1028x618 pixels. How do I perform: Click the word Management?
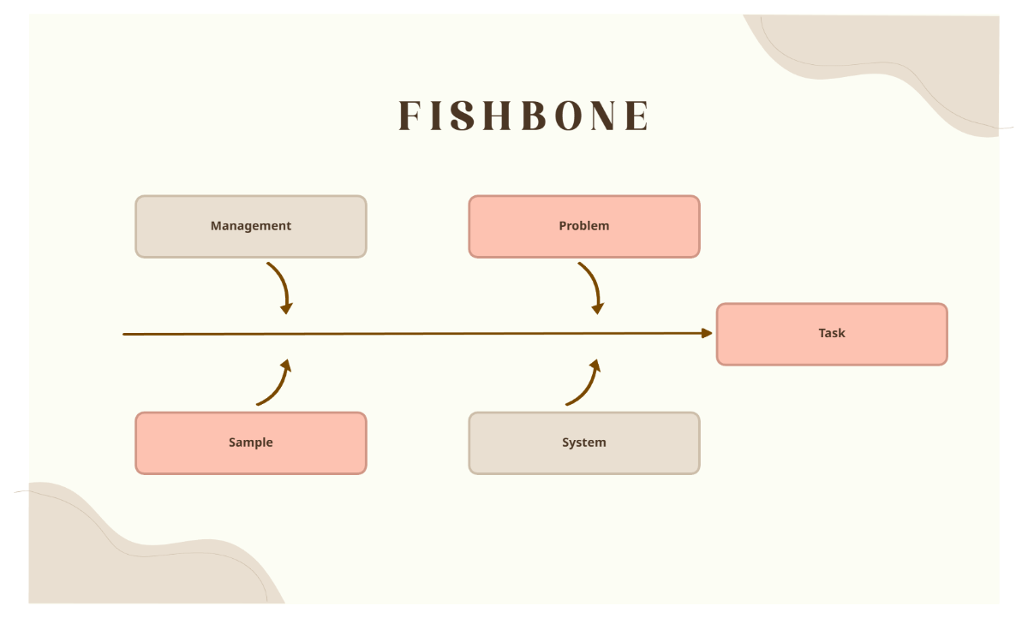pyautogui.click(x=250, y=226)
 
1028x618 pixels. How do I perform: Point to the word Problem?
pyautogui.click(x=583, y=226)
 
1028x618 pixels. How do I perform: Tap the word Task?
pyautogui.click(x=831, y=333)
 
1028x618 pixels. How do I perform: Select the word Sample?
pyautogui.click(x=250, y=443)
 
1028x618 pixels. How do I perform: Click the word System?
pyautogui.click(x=583, y=443)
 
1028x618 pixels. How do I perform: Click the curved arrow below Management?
pyautogui.click(x=282, y=286)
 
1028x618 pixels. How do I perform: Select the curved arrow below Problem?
pyautogui.click(x=593, y=286)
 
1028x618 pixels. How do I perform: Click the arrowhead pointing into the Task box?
pyautogui.click(x=707, y=333)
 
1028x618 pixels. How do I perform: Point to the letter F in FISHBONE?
pyautogui.click(x=409, y=116)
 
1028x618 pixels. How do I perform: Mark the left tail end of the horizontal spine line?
pyautogui.click(x=125, y=334)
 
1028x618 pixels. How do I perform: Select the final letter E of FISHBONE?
pyautogui.click(x=637, y=116)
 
